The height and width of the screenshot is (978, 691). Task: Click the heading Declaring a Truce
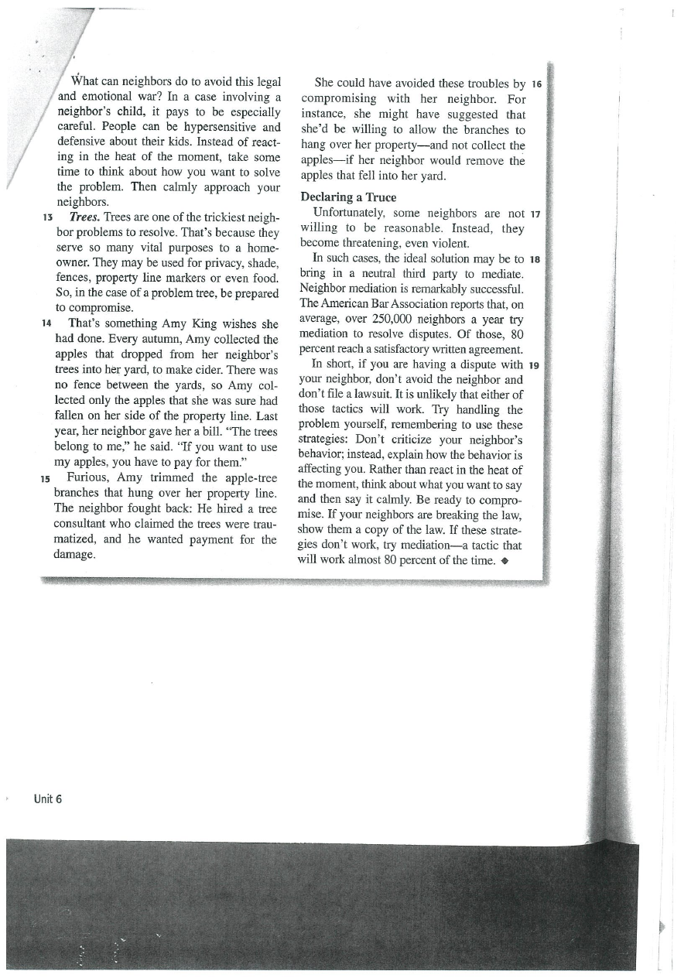[348, 197]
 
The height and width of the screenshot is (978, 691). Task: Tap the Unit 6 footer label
[48, 798]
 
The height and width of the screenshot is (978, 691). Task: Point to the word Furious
[90, 477]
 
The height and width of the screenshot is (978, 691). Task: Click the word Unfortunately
[349, 213]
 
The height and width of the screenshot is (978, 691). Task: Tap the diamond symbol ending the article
[503, 561]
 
